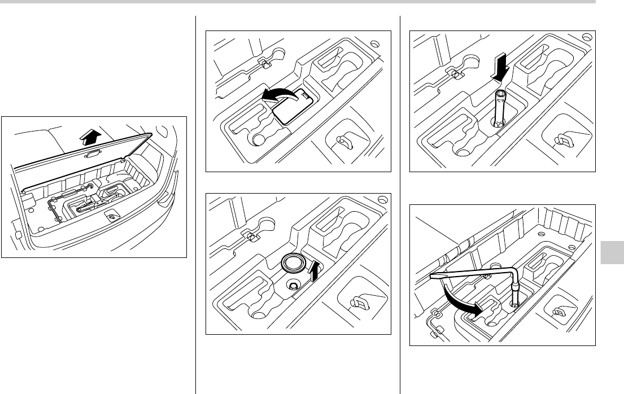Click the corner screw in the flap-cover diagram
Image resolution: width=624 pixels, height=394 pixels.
pos(374,43)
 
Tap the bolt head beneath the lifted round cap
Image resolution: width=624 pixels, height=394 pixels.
pos(294,286)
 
